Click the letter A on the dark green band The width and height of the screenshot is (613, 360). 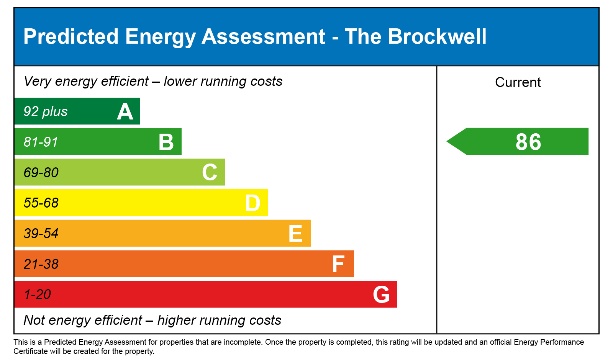coord(125,112)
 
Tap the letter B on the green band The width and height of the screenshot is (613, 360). coord(166,142)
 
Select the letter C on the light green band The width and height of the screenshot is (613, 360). coord(210,172)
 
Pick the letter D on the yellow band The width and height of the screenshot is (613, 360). coord(252,203)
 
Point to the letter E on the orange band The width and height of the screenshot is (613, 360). coord(295,234)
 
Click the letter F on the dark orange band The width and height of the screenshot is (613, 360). coord(338,264)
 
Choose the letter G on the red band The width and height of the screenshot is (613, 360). coord(381,295)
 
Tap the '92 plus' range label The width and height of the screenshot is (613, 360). coord(45,111)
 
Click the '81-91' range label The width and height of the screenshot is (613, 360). coord(41,142)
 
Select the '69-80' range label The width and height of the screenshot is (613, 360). coord(41,173)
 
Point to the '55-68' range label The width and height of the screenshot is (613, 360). coord(41,203)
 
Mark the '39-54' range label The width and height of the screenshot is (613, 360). coord(41,234)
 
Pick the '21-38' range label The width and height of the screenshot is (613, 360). coord(41,264)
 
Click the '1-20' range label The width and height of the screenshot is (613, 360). coord(37,295)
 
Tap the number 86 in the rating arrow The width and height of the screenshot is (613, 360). coord(528,142)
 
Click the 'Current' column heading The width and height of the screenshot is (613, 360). coord(518,82)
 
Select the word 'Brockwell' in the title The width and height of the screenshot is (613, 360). coord(437,37)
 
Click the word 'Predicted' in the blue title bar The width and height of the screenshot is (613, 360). coord(71,37)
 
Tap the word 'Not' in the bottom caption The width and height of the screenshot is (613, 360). coord(33,320)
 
